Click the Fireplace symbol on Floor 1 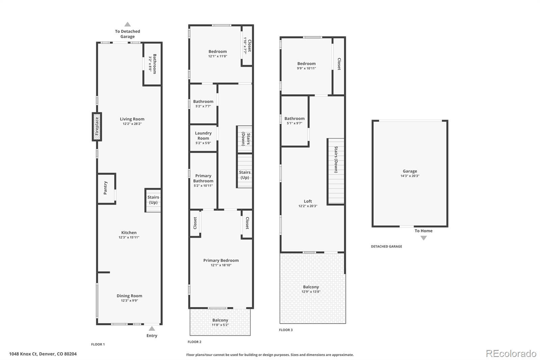point(97,127)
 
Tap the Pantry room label point(105,188)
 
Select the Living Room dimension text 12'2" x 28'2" point(132,124)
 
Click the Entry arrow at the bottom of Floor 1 point(152,329)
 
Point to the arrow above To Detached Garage point(128,24)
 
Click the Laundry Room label point(203,136)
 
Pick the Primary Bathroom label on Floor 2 point(203,178)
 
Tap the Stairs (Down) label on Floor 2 point(246,139)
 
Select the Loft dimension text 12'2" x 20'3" point(308,206)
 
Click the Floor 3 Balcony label point(311,287)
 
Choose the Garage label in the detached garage point(410,171)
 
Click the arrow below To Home point(424,238)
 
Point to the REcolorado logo point(511,354)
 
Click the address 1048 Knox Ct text point(23,354)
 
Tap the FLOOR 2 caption point(194,342)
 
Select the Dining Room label point(130,296)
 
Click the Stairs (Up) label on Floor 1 point(153,200)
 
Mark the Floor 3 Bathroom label point(294,119)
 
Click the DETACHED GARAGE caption point(386,246)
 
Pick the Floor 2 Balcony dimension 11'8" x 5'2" point(220,325)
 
